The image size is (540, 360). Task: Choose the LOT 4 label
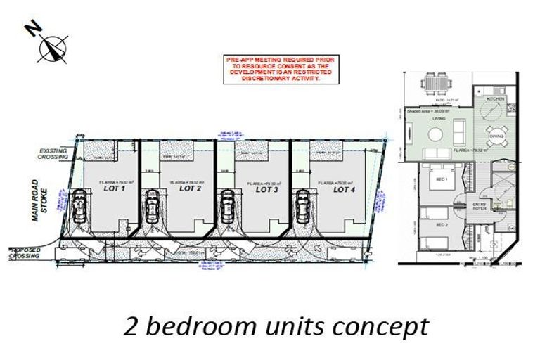pos(345,188)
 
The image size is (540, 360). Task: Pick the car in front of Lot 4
pos(303,206)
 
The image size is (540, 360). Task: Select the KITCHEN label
pos(495,99)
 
